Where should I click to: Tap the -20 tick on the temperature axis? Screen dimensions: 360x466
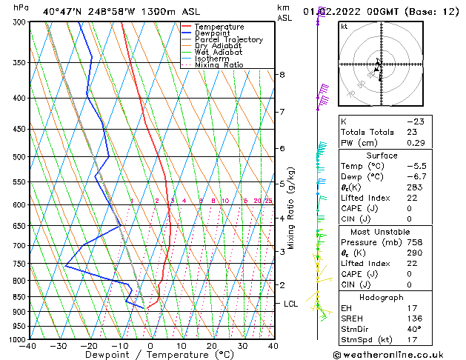point(88,346)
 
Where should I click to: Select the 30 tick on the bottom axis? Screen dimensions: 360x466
point(242,346)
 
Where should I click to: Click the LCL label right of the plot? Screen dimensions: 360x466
point(291,304)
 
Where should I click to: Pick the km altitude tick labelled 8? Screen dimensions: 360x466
point(282,75)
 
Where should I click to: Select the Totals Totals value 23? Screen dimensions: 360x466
point(413,132)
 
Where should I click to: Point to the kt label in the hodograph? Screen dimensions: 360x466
point(344,27)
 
